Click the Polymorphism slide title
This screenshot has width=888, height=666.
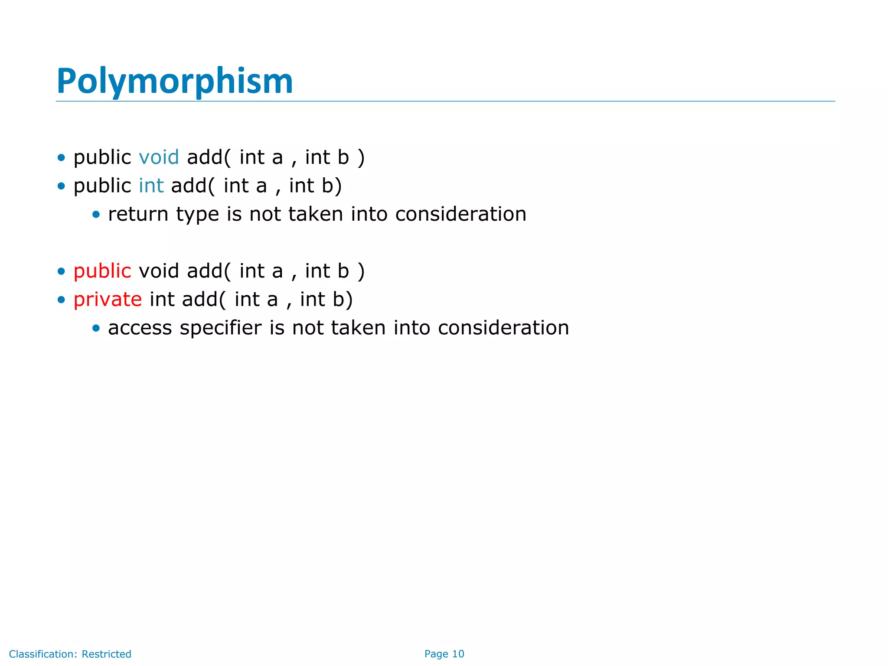175,81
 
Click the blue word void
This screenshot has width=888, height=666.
159,157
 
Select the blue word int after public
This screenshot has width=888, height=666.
151,186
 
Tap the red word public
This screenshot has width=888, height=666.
102,271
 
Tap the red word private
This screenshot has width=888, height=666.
108,299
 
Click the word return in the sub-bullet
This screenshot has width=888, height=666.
138,214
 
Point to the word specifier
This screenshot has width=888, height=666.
220,328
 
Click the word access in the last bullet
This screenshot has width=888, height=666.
140,328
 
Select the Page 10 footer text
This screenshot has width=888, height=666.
444,654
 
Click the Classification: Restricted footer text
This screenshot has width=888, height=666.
70,654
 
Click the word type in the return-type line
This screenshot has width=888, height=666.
197,214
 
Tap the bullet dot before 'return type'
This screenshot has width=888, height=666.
96,215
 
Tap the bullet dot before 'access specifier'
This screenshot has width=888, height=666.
96,328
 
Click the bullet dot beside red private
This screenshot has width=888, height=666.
61,300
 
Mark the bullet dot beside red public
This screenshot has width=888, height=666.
61,271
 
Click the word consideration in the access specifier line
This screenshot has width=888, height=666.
503,328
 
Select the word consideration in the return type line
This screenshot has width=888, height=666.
460,214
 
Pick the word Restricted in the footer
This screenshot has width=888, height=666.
106,654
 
